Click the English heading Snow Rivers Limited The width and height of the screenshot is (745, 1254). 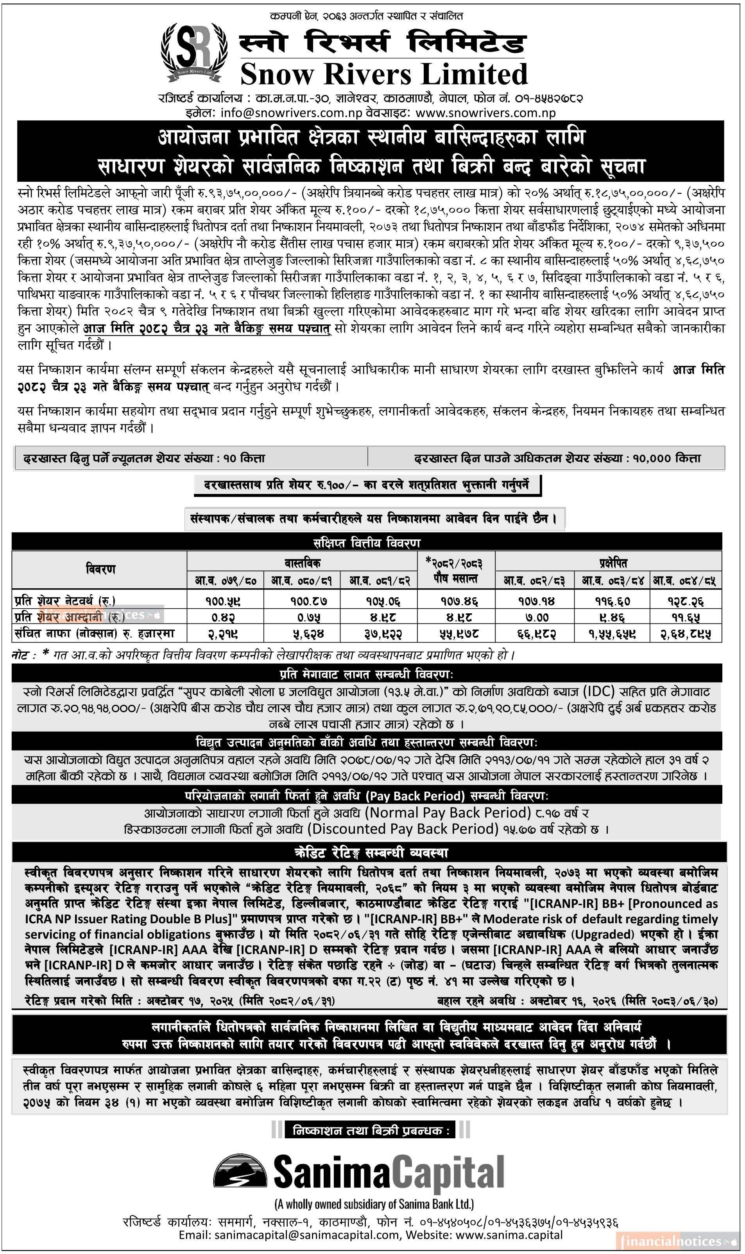384,74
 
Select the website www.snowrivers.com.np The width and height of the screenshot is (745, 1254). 485,113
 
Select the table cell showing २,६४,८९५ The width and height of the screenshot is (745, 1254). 685,634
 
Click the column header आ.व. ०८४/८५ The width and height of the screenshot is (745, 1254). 685,581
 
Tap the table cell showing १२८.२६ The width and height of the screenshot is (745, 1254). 685,600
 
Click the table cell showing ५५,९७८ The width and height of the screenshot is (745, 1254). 456,634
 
